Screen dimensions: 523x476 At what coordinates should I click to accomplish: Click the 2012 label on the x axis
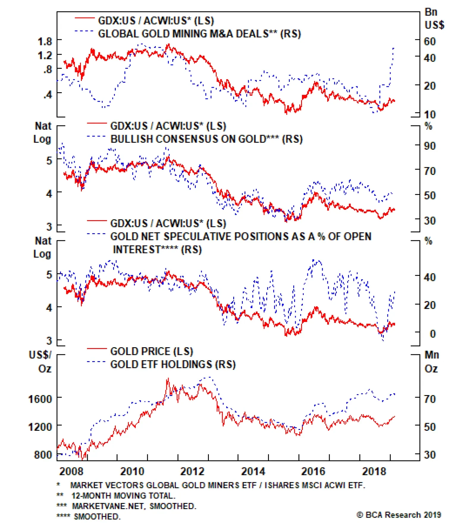tap(192, 472)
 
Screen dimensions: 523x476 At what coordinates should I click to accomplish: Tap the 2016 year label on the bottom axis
tap(313, 472)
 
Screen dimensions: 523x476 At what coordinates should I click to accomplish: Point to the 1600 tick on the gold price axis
tap(40, 399)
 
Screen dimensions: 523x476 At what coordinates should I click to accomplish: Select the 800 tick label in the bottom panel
tap(43, 455)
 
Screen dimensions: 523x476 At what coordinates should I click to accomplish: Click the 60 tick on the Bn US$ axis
tap(430, 41)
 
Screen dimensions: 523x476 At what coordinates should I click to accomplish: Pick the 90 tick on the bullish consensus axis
tap(430, 146)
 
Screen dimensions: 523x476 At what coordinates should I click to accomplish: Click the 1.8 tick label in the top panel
tap(45, 41)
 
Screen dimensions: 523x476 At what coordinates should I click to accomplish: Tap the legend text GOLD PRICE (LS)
tap(151, 351)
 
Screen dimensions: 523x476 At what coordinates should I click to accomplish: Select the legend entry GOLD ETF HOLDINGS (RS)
tap(173, 364)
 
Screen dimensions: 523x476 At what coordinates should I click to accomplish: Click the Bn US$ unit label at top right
tap(434, 18)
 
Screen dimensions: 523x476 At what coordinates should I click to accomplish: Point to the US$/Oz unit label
tap(41, 362)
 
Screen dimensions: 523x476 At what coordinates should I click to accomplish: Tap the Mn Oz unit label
tap(431, 362)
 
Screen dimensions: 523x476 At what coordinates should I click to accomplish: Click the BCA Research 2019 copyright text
tap(399, 515)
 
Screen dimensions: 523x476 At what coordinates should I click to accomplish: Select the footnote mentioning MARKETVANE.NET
tap(134, 506)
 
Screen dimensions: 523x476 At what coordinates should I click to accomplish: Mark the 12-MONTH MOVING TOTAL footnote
tap(123, 496)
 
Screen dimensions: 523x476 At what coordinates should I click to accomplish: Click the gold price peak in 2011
tap(168, 379)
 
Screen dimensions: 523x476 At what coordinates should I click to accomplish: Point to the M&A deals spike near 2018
tap(394, 48)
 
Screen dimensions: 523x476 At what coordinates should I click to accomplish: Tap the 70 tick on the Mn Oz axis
tap(430, 399)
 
